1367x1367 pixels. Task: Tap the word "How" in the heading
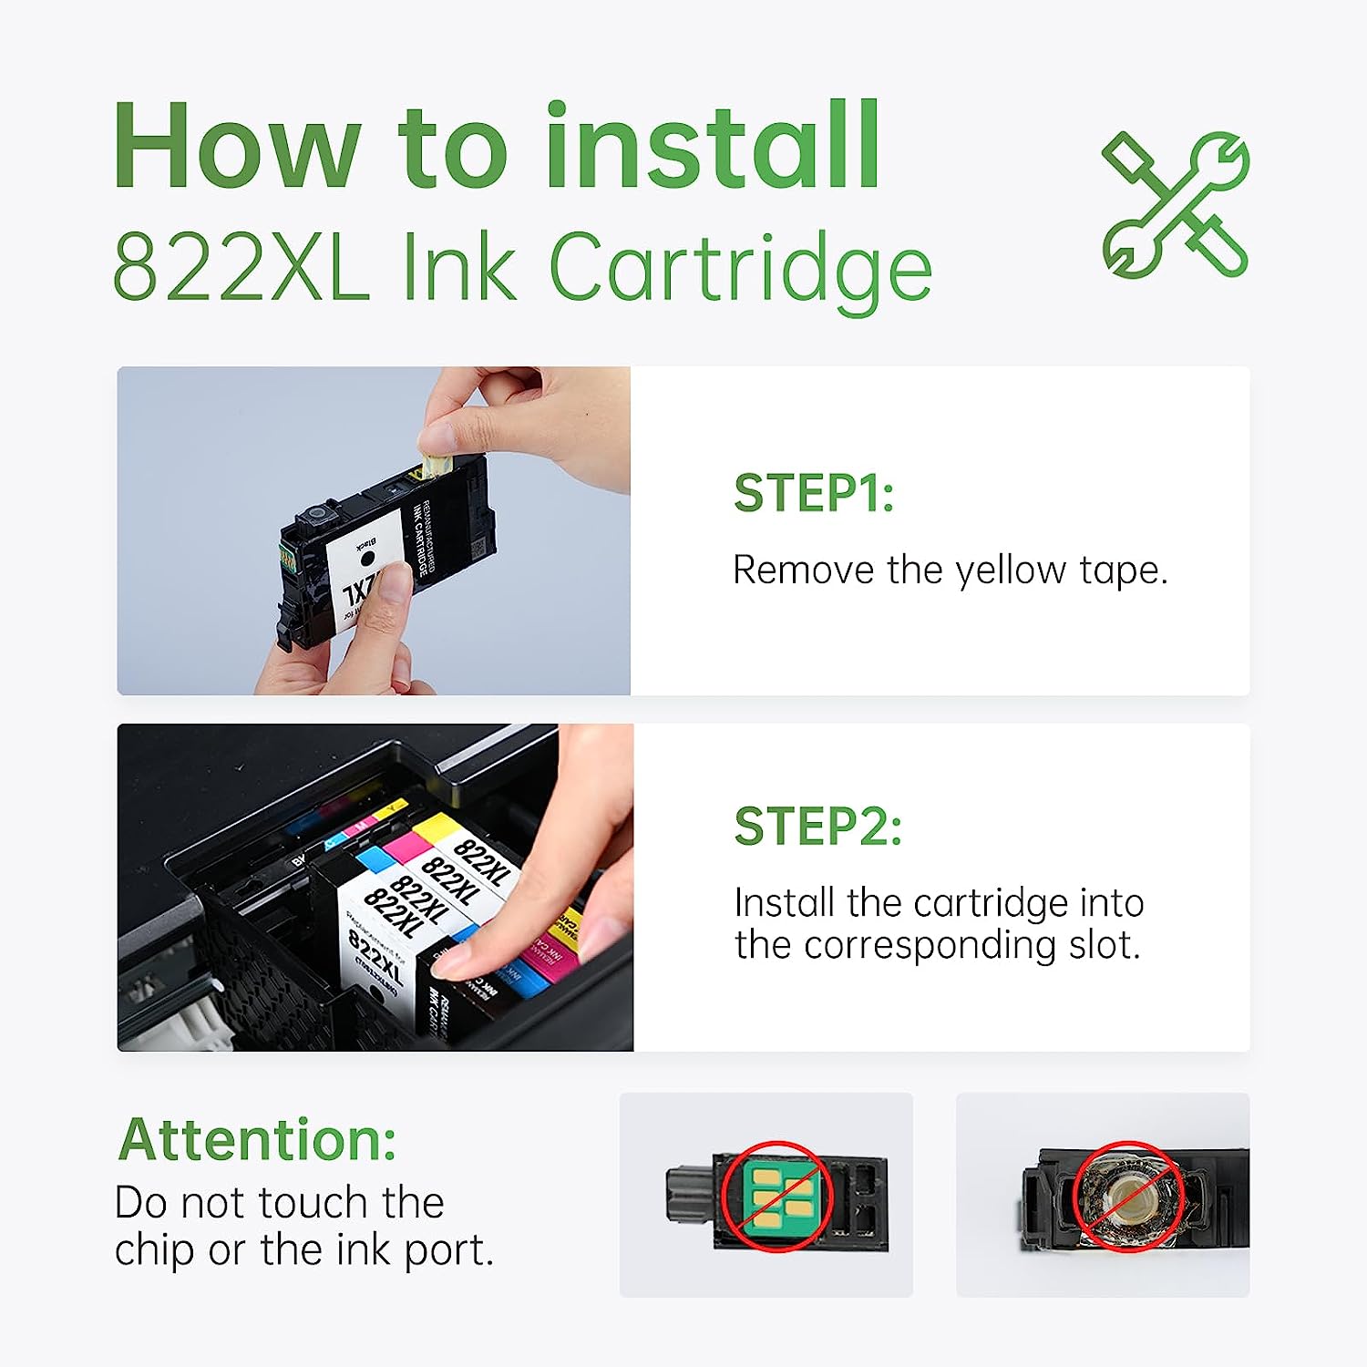[x=236, y=148]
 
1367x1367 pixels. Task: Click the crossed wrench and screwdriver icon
[x=1175, y=204]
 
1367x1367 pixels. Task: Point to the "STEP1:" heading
[x=813, y=494]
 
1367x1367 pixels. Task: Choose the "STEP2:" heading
[x=817, y=827]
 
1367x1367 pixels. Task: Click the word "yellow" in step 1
[x=1010, y=571]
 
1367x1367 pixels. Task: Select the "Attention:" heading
[x=258, y=1140]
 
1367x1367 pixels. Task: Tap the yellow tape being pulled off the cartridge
[x=434, y=460]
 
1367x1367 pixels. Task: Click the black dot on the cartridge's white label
[x=367, y=558]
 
